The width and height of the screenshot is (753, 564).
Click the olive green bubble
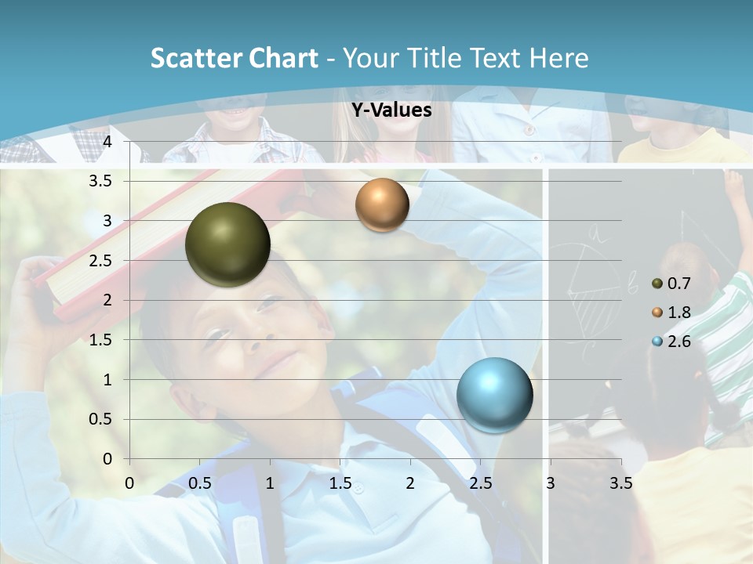pos(227,244)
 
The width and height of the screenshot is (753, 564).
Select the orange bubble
pos(382,205)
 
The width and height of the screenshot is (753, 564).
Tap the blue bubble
pos(494,395)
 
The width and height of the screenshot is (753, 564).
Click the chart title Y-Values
pos(391,110)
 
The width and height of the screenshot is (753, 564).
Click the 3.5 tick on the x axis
pos(620,483)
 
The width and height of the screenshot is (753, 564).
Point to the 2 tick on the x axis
pos(410,483)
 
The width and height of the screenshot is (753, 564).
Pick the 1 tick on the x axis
pos(271,483)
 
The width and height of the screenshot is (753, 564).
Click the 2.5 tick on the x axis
pos(480,483)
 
